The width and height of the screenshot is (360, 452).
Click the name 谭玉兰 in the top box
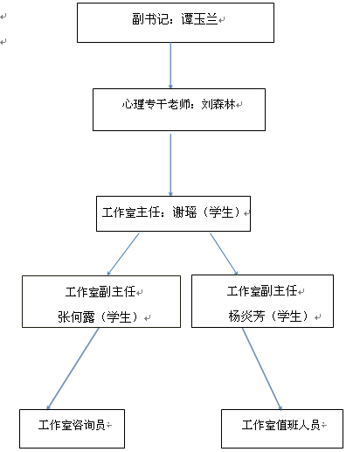[x=199, y=19]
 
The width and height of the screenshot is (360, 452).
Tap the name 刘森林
[x=218, y=104]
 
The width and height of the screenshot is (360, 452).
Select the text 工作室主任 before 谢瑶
[x=131, y=212]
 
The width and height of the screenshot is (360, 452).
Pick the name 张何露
[x=76, y=316]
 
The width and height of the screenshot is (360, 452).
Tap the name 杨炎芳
[x=246, y=316]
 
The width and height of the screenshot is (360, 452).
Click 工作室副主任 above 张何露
[x=100, y=292]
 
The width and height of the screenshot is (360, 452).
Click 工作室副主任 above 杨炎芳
[x=262, y=291]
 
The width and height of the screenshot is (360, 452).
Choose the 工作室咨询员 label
[x=72, y=425]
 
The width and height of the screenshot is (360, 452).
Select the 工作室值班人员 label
[x=280, y=425]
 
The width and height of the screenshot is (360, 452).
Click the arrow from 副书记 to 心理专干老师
[x=170, y=66]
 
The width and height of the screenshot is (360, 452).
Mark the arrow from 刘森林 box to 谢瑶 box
[x=170, y=165]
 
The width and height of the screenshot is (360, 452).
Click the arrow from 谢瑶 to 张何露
[x=123, y=254]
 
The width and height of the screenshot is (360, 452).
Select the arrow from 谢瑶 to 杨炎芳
[x=224, y=254]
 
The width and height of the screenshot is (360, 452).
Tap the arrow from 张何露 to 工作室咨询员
[x=73, y=369]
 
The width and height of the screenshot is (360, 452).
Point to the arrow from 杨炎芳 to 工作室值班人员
[x=262, y=369]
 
